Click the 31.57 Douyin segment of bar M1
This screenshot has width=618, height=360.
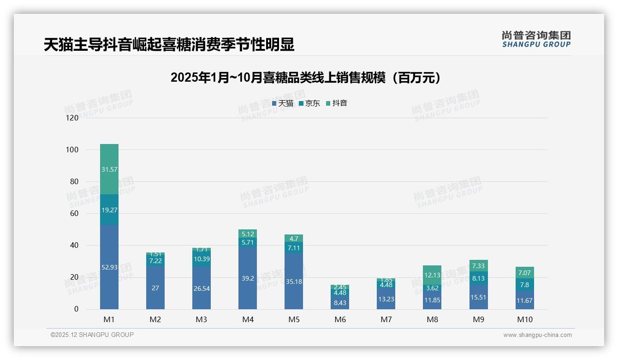point(109,169)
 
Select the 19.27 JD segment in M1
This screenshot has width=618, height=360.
point(109,210)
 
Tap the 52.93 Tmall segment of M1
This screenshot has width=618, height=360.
point(109,267)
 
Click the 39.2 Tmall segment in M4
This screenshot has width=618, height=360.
point(248,278)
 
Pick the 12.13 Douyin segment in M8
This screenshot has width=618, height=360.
point(432,275)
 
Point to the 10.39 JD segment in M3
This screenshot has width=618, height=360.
point(202,259)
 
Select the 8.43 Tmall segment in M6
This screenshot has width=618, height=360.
point(340,302)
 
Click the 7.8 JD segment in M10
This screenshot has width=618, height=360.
point(524,284)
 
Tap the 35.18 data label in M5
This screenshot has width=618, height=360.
point(294,281)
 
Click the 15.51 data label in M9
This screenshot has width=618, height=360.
point(478,297)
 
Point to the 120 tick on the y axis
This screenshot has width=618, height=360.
point(72,118)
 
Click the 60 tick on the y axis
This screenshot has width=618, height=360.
point(74,214)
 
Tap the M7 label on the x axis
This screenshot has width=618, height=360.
point(386,319)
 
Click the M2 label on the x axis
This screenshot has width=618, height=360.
point(155,319)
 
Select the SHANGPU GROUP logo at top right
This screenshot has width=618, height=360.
point(536,39)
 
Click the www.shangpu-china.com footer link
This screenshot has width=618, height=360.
point(537,335)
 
